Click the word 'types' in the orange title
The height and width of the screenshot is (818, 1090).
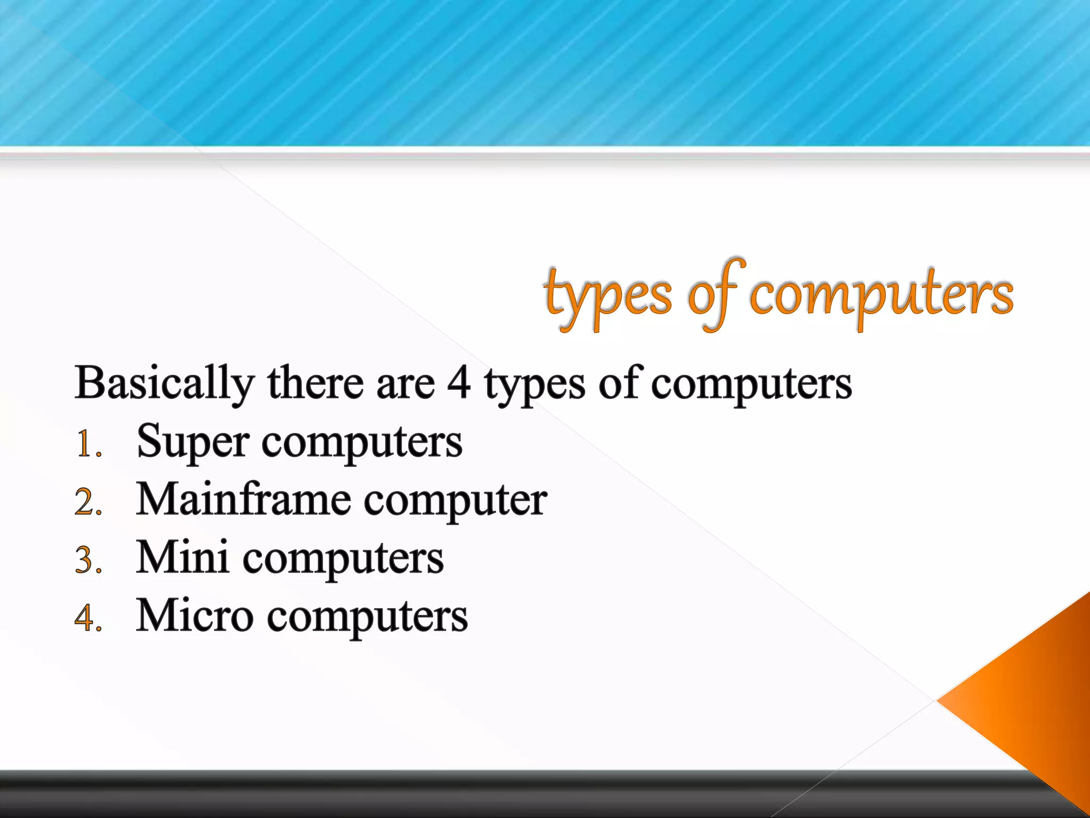(x=607, y=296)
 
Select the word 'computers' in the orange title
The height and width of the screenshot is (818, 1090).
(x=881, y=296)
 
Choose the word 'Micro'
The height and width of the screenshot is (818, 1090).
(x=194, y=616)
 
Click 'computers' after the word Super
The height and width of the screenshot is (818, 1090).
(x=362, y=444)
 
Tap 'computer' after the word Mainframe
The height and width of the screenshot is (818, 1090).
(x=456, y=502)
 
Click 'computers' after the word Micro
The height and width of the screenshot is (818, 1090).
(x=367, y=618)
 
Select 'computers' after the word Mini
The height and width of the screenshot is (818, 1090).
(x=343, y=560)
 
